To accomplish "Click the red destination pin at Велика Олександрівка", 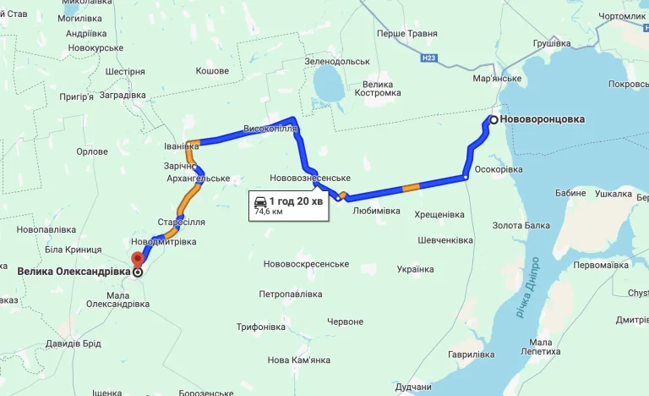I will point(138,259).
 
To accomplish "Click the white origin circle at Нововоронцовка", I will point(492,120).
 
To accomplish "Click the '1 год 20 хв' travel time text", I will point(297,201).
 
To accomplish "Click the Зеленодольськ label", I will point(338,62).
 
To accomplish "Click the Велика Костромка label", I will point(376,88).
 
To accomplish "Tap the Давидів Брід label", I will point(74,344).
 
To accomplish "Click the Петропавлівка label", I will point(291,294).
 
